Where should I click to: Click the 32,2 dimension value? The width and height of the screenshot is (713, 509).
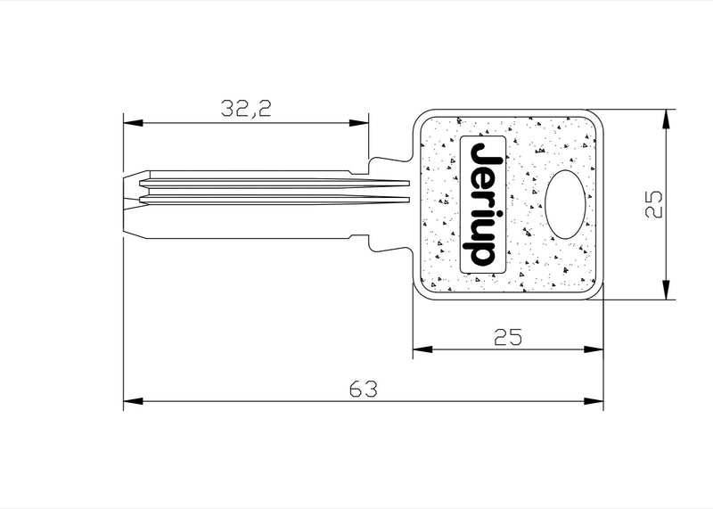246,108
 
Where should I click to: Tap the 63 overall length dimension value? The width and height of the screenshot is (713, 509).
364,390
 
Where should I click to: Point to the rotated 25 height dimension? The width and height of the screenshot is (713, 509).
654,204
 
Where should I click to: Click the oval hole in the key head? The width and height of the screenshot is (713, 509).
565,204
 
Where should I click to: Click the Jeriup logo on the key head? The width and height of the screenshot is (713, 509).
483,204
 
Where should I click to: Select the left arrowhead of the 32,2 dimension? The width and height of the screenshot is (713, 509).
133,123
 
